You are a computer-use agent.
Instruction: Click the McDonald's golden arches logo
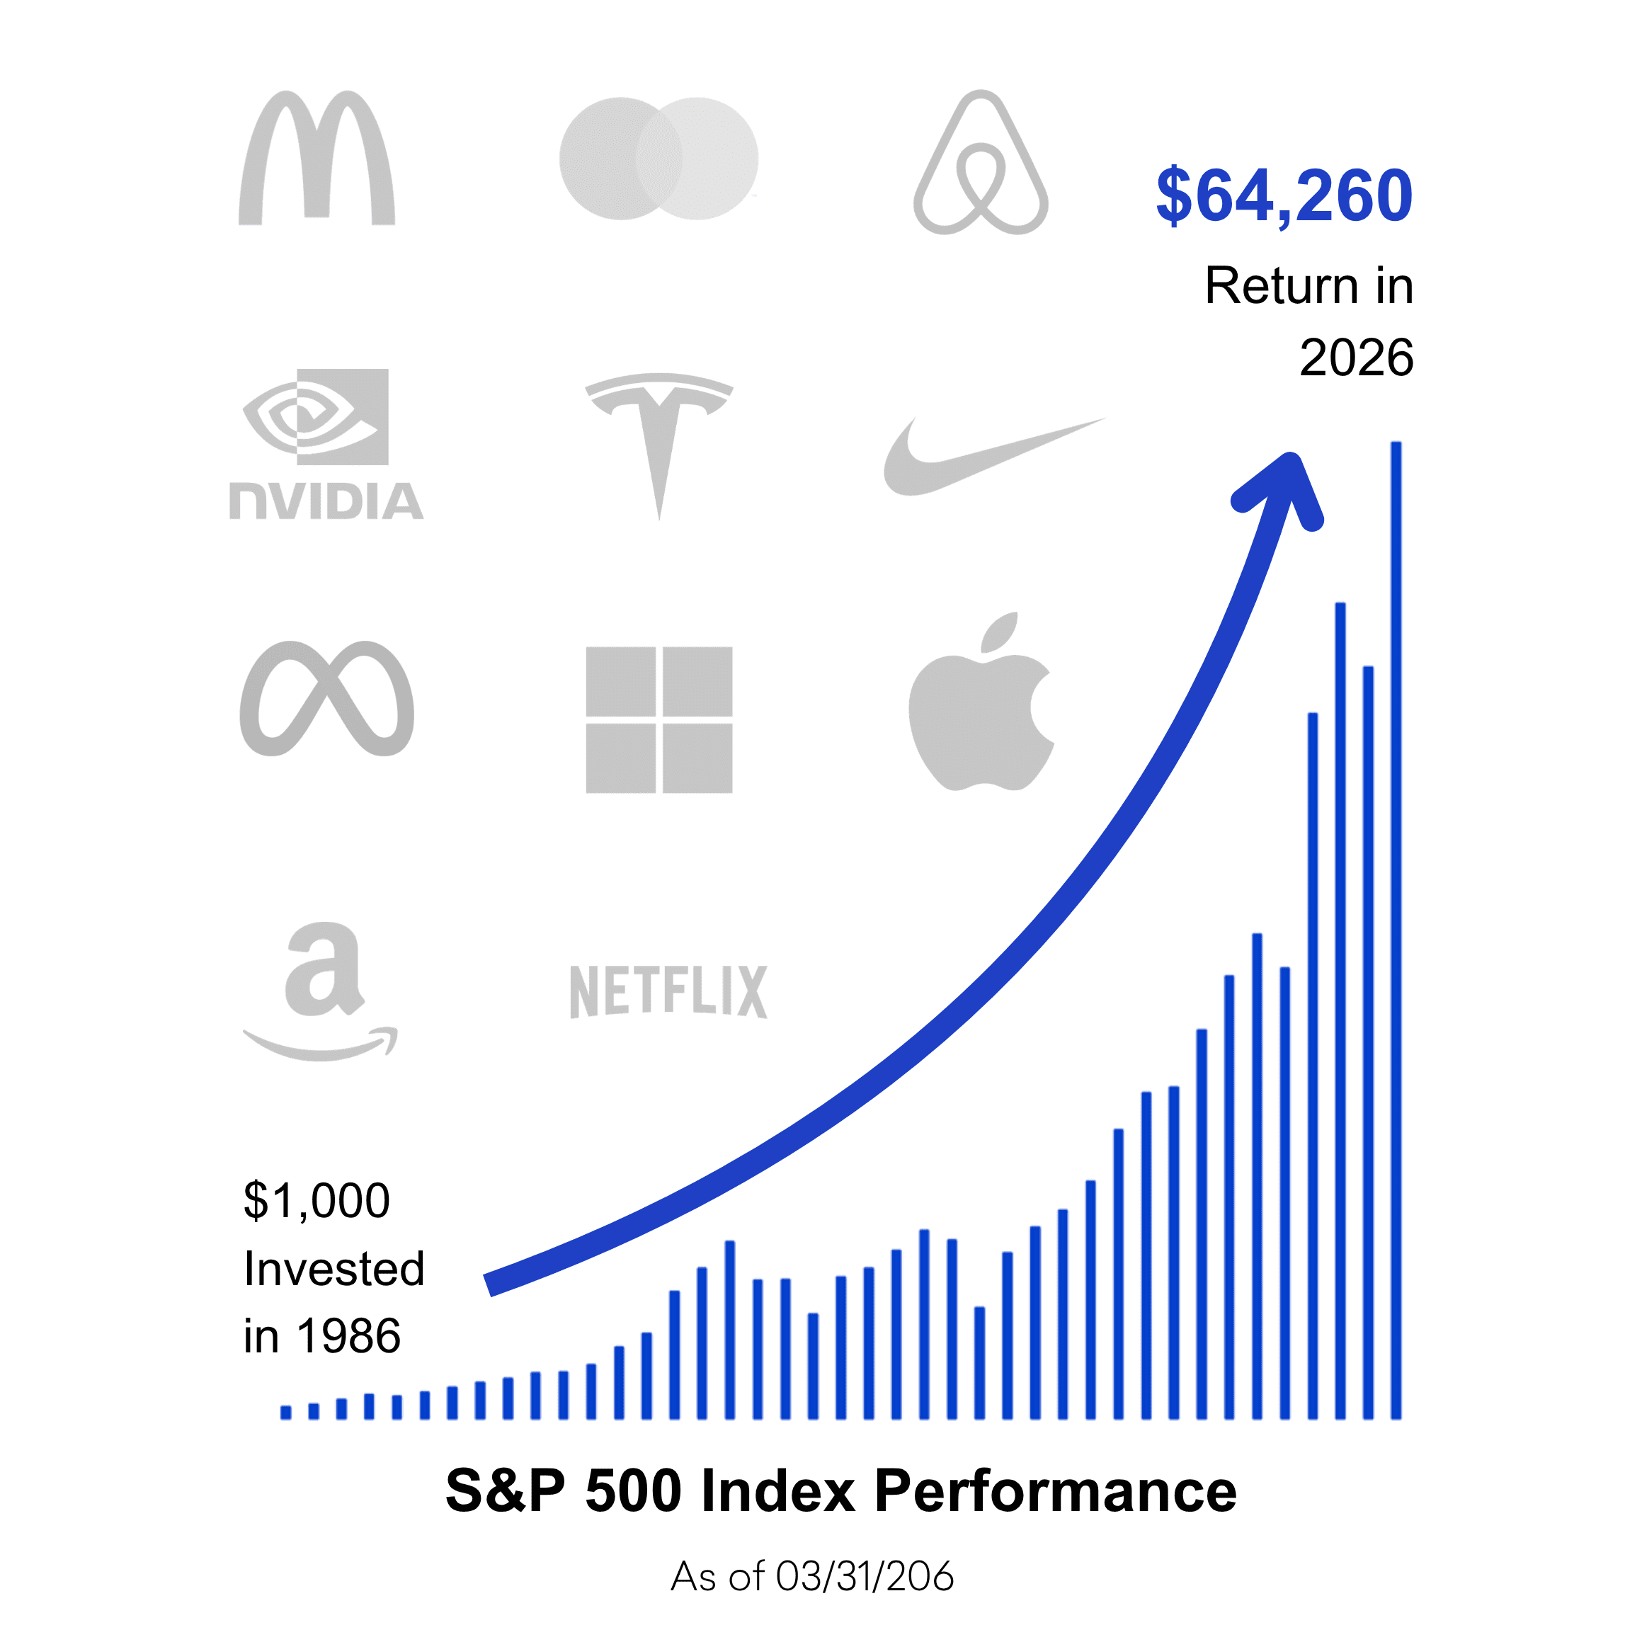click(317, 160)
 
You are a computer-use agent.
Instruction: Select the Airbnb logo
click(981, 164)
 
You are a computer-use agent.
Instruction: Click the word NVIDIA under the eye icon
click(326, 502)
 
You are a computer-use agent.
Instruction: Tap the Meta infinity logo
click(326, 699)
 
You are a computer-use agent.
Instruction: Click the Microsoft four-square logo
click(658, 720)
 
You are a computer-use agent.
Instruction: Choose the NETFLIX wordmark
click(668, 993)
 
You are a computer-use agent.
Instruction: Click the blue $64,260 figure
click(1284, 196)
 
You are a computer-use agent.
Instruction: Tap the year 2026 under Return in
click(1356, 358)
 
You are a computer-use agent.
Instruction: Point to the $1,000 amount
click(317, 1200)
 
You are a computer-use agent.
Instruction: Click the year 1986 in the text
click(348, 1337)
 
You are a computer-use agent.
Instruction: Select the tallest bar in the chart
click(1396, 925)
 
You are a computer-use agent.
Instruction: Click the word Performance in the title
click(1056, 1491)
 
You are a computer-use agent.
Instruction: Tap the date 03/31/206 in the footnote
click(865, 1576)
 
